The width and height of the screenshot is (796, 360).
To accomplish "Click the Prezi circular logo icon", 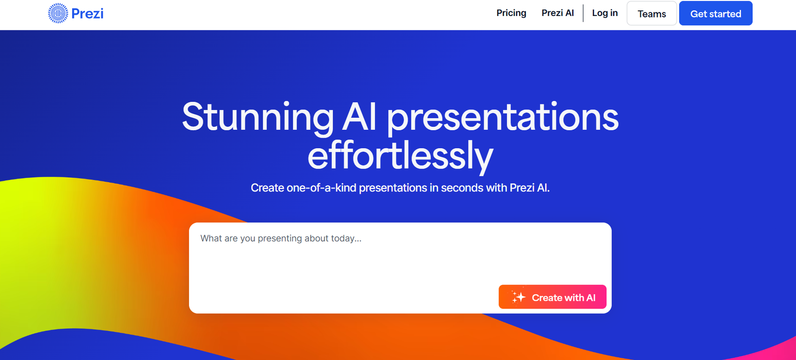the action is tap(58, 13).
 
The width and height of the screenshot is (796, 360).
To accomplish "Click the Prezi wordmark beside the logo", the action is tap(88, 13).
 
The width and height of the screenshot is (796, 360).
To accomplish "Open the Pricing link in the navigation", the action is tap(511, 13).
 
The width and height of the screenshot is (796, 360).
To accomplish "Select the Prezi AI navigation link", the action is tap(558, 13).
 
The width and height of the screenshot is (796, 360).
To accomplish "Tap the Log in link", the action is tap(605, 13).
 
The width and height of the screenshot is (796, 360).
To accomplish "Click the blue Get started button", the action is tap(716, 13).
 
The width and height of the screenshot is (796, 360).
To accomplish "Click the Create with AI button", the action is tap(553, 297).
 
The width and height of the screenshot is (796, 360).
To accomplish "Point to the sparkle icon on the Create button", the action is tap(518, 297).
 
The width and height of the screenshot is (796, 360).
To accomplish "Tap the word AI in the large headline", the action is tap(359, 117).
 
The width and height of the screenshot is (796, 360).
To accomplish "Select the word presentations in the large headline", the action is tap(503, 118).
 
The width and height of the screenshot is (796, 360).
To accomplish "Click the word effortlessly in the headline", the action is tap(400, 156).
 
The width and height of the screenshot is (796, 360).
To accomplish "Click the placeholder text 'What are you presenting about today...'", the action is tap(281, 238).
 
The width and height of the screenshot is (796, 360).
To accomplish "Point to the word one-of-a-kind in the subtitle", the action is tap(321, 188).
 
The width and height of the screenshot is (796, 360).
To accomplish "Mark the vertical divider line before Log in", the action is tap(583, 13).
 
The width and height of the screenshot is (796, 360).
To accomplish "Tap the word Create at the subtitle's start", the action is tap(267, 188).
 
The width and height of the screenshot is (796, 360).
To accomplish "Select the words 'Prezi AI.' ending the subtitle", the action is tap(529, 188).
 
